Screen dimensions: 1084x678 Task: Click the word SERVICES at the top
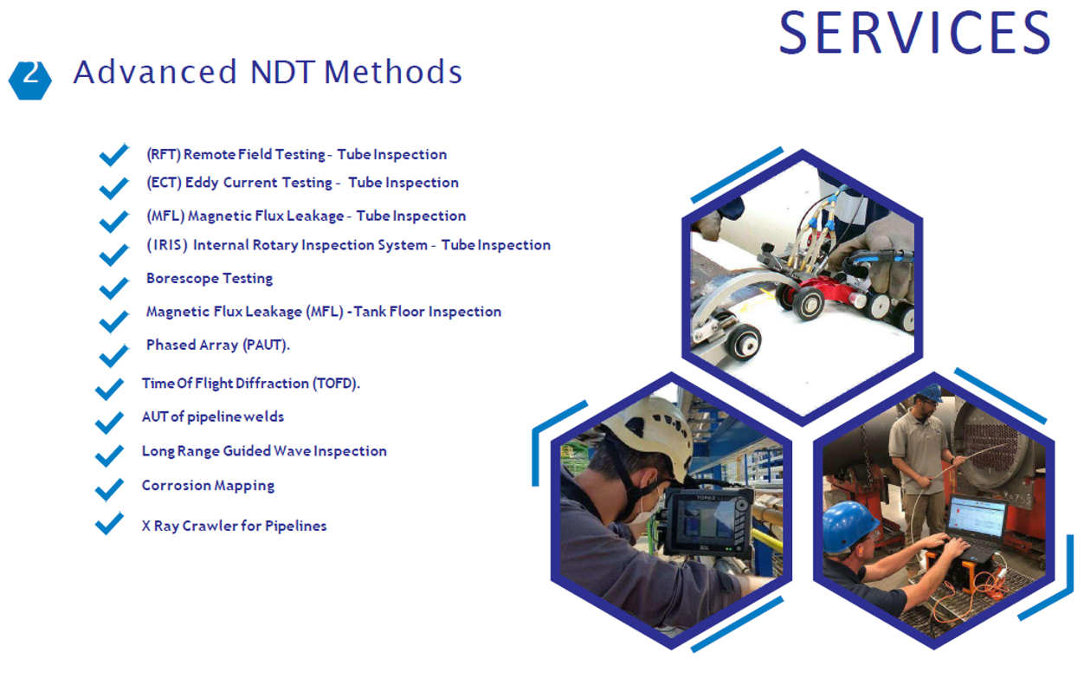[914, 33]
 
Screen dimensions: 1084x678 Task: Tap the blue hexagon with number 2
[30, 81]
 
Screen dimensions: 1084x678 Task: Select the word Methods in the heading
[393, 72]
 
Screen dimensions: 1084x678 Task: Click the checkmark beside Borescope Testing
[113, 288]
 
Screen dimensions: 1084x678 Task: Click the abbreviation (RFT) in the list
[164, 154]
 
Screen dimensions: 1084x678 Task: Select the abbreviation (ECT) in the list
[164, 183]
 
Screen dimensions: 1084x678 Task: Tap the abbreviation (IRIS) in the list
[167, 245]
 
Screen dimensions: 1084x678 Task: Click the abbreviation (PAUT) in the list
[266, 345]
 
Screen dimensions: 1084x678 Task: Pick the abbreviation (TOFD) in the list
[336, 384]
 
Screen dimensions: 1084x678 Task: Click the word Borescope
[183, 278]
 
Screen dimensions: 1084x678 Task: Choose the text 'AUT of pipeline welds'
[213, 416]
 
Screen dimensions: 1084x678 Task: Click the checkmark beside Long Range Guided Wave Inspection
[109, 455]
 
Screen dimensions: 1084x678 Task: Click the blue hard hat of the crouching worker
[850, 526]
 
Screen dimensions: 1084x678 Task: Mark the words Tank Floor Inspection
[428, 312]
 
